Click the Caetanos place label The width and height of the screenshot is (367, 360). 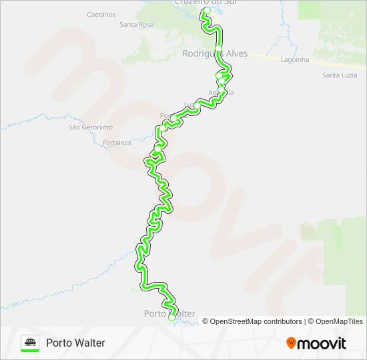coord(101,14)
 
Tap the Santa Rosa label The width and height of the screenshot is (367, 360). coord(136,25)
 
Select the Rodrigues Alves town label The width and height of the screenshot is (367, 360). coord(215,53)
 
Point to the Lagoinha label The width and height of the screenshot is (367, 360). coord(295,59)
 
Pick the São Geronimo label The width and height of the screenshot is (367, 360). coord(85,127)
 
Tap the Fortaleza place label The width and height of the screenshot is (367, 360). coord(117,143)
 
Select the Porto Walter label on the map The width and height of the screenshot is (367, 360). coord(169,313)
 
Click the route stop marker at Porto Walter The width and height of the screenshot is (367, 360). coord(172,318)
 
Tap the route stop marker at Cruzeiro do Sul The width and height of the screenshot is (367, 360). coord(207,11)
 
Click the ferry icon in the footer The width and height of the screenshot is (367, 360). coord(30,342)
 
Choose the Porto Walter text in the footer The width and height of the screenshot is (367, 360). coord(75,343)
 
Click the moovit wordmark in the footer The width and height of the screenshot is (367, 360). coord(322,343)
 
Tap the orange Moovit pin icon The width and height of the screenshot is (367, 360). coord(291,343)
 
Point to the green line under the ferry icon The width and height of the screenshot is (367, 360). coord(30,351)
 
